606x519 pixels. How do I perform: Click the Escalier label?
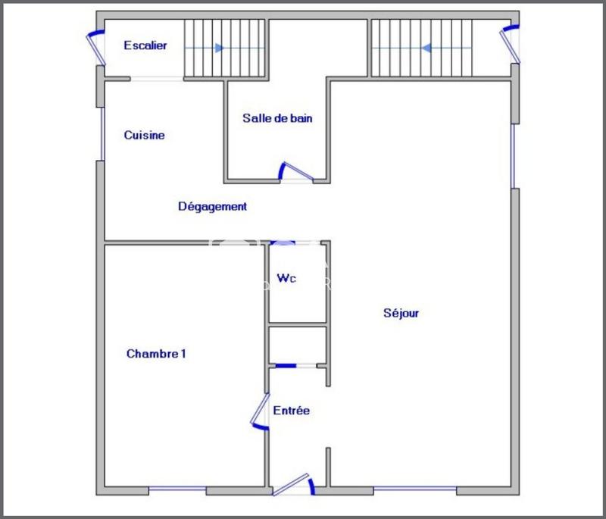point(145,45)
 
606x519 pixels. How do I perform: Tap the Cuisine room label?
point(144,136)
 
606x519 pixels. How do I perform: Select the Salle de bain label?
point(277,118)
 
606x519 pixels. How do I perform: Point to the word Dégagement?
point(212,206)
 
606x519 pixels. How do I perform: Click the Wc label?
point(286,279)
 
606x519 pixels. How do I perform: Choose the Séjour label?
point(401,313)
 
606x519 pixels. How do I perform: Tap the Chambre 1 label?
point(156,354)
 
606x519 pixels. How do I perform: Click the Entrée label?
point(291,411)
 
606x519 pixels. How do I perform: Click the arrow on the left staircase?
point(219,48)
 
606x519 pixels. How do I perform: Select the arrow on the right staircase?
point(426,48)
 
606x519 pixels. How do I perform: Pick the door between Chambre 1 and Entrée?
point(260,412)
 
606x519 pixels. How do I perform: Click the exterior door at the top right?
point(512,42)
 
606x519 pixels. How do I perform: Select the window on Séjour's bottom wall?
point(415,490)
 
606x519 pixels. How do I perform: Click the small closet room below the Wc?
point(297,345)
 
